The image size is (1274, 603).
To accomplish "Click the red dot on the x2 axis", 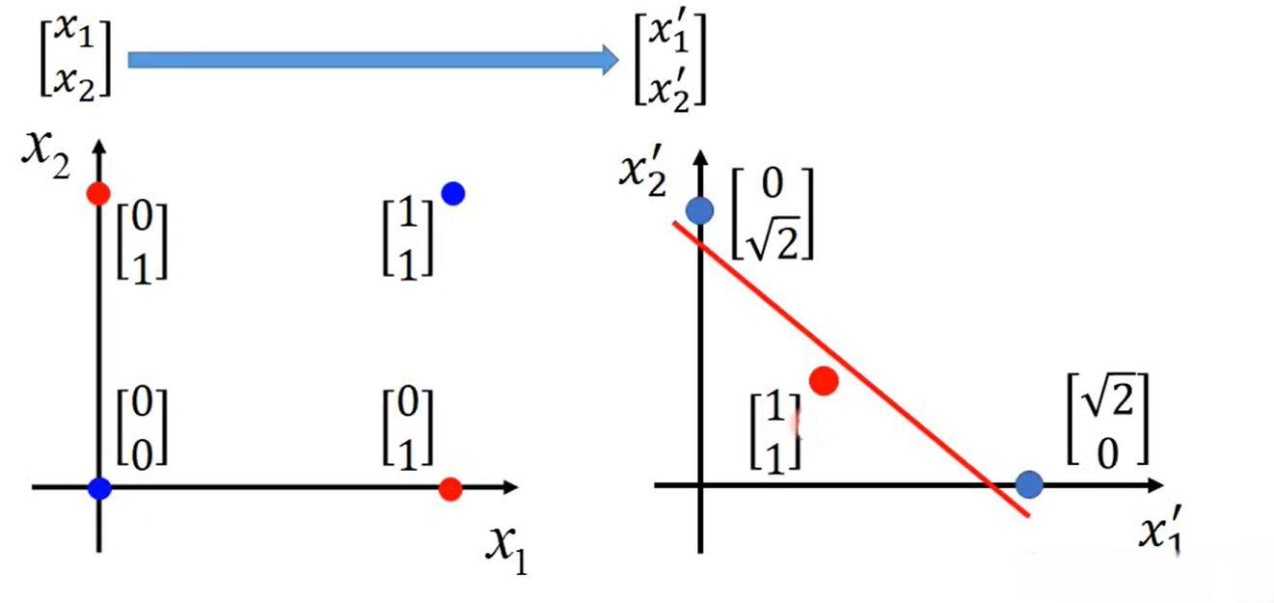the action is pos(97,193).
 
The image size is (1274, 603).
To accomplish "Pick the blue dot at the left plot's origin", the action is pos(98,488).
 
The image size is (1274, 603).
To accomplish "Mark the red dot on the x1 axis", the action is pos(448,489).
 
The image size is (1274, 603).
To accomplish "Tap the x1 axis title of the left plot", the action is pos(506,550).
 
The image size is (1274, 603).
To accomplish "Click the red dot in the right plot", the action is pos(824,381).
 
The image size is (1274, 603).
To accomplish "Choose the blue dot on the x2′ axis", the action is pos(700,209).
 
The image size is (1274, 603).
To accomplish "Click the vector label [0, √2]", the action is pos(772,214).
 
